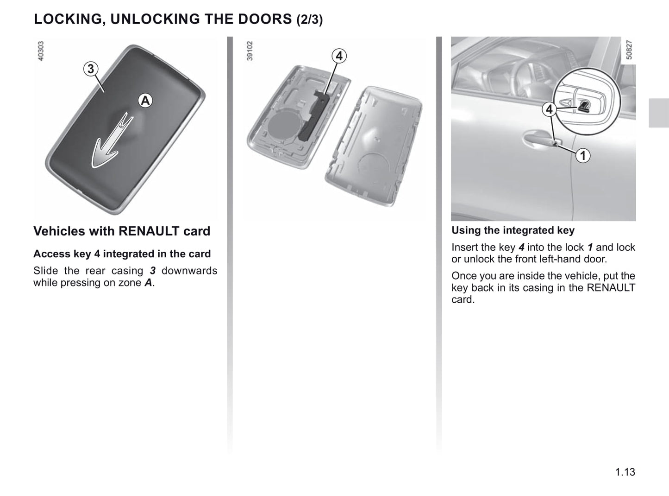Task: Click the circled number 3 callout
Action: [x=91, y=69]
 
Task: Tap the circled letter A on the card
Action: [x=145, y=101]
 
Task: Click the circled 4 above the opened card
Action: [x=339, y=56]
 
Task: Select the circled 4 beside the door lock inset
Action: [x=549, y=109]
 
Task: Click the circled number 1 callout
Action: [x=583, y=156]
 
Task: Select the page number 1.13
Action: [x=625, y=472]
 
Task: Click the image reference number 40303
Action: [x=40, y=51]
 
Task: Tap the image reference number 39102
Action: [x=250, y=51]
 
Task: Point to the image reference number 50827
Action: [x=629, y=50]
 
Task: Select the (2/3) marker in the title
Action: [x=309, y=19]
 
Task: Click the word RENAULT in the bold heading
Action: [x=149, y=231]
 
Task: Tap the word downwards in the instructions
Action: [x=189, y=271]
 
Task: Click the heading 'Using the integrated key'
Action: [x=513, y=230]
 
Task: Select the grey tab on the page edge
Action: [x=659, y=113]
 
